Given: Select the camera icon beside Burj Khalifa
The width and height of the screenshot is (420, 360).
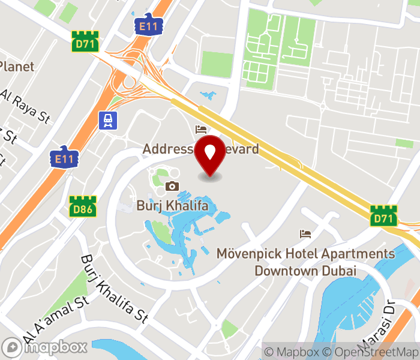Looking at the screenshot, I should pyautogui.click(x=172, y=187).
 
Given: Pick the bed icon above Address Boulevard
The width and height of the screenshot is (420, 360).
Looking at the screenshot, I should pyautogui.click(x=201, y=130).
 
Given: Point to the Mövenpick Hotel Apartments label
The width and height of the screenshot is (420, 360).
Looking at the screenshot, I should pyautogui.click(x=306, y=262).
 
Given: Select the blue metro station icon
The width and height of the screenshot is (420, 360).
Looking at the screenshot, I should pyautogui.click(x=108, y=120).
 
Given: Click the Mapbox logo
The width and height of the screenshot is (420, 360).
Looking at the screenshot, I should pyautogui.click(x=45, y=347).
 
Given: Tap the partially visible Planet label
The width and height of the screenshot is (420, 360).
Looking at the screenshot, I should pyautogui.click(x=17, y=67).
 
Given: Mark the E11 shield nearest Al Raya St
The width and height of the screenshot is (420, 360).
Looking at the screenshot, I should pyautogui.click(x=63, y=157).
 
